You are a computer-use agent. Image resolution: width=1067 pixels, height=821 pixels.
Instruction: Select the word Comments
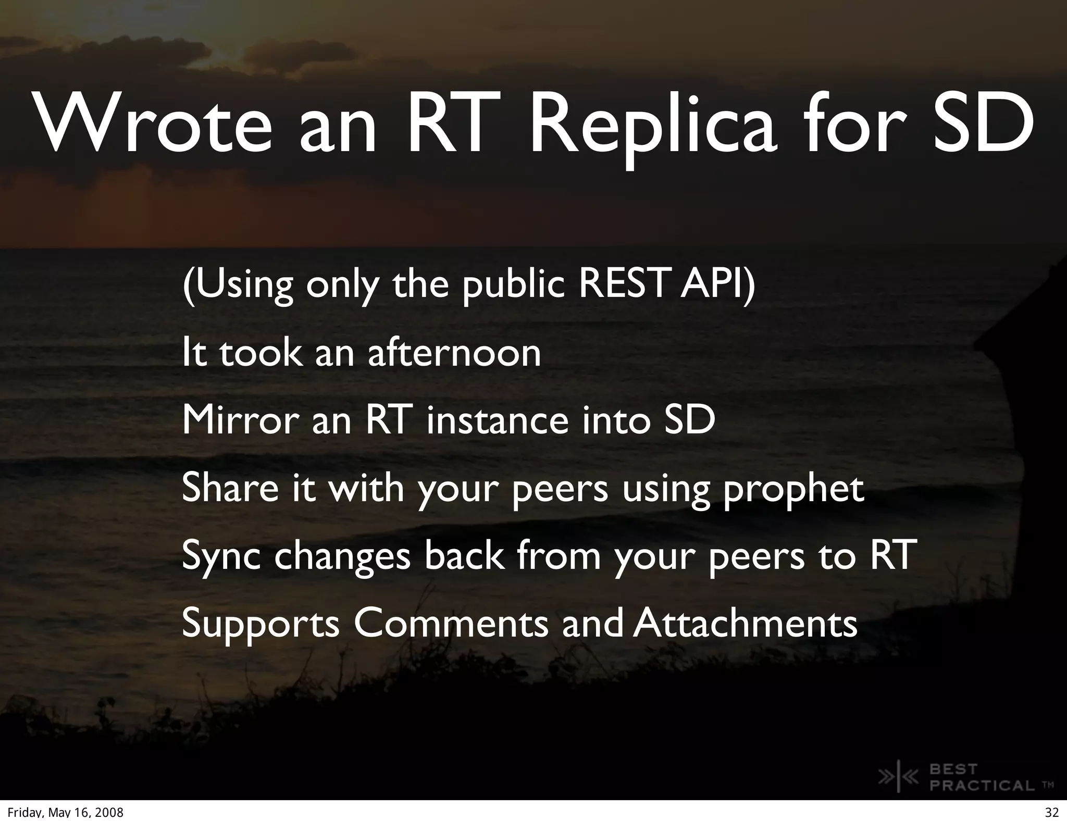coord(451,624)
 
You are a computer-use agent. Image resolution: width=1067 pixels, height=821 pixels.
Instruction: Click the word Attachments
coord(746,624)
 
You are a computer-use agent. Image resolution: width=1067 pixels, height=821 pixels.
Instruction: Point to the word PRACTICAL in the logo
coord(982,785)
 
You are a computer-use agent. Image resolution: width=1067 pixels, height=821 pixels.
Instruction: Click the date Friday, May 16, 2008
coord(65,813)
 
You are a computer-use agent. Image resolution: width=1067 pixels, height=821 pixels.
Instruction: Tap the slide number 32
coord(1051,813)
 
